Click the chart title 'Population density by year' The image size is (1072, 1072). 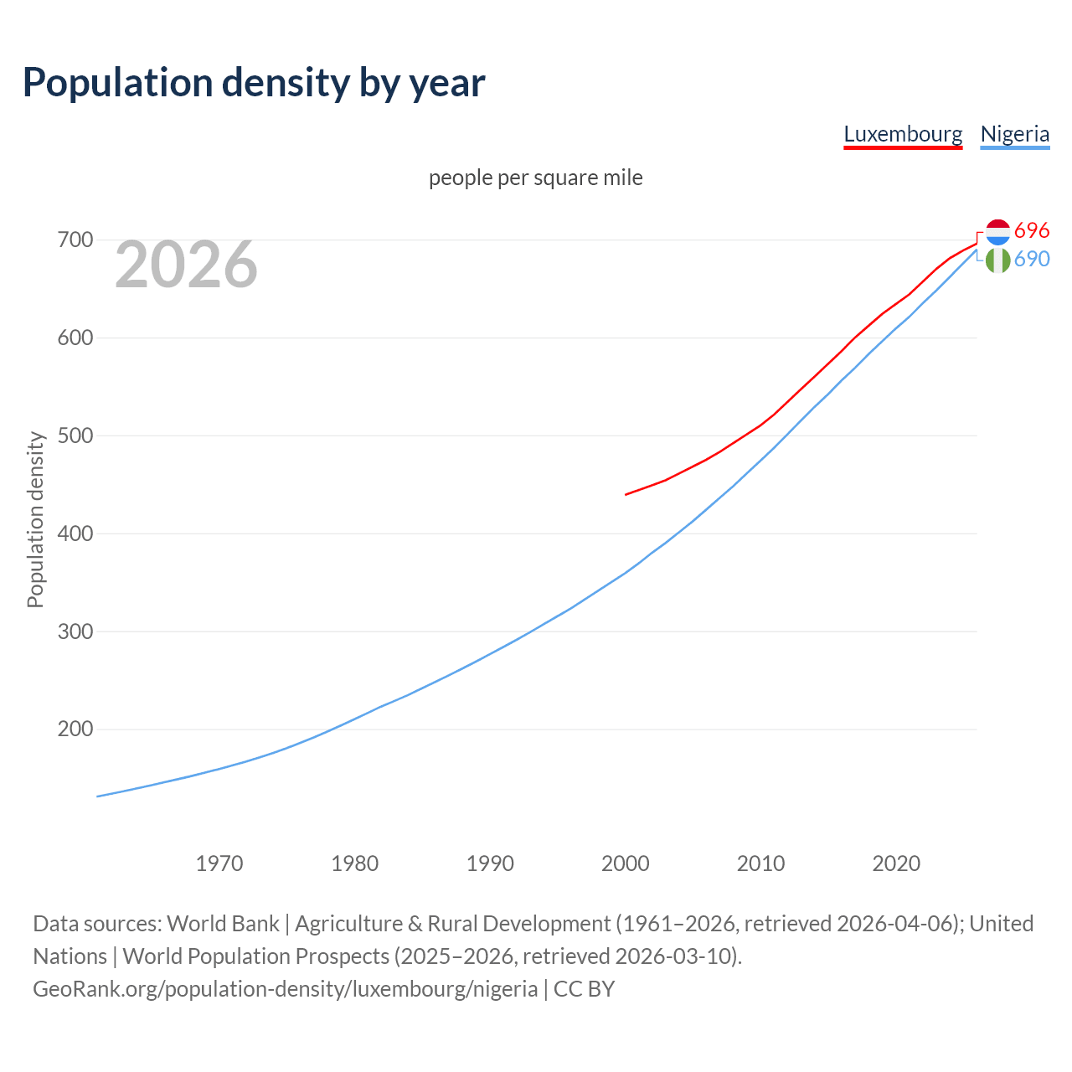coord(254,82)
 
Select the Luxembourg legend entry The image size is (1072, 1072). coord(903,134)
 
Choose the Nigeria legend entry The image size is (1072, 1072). coord(1014,134)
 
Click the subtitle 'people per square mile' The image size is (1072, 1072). coord(536,178)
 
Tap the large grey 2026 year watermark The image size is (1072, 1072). coord(186,265)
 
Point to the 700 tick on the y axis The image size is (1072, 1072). coord(75,240)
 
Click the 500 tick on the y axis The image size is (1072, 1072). coord(75,435)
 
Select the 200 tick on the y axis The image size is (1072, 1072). coord(75,729)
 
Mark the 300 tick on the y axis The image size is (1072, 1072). coord(75,631)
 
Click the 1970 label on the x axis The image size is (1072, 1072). coord(219,863)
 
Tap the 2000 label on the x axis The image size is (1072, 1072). coord(626,863)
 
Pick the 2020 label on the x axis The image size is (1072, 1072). coord(896,863)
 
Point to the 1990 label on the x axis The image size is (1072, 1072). coord(490,863)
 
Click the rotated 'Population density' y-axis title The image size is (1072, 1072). coord(35,519)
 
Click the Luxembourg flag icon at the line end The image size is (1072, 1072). coord(997,232)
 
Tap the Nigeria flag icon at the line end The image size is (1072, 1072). coord(997,260)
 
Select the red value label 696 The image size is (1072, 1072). coord(1032,230)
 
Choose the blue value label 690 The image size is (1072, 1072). coord(1032,260)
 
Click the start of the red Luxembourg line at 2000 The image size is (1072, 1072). coord(626,494)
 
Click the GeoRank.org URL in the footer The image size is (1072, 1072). coord(286,989)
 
